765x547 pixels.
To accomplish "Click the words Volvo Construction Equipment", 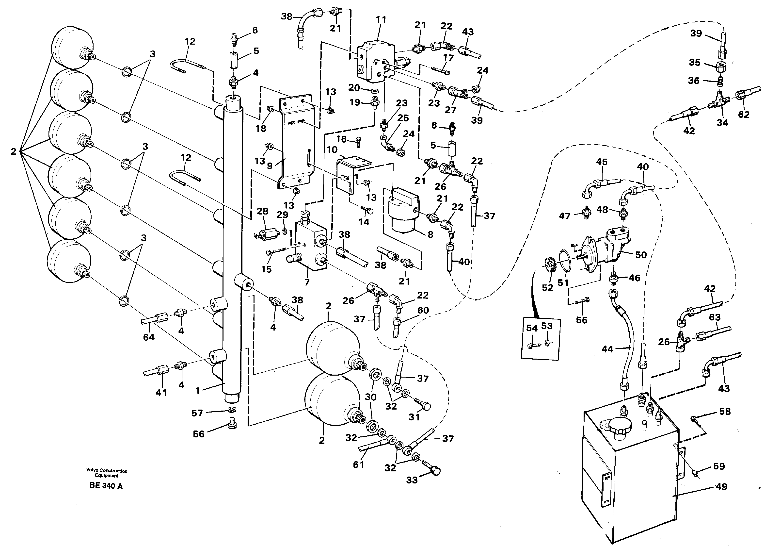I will pyautogui.click(x=107, y=473).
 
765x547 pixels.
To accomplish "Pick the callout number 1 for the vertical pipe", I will pyautogui.click(x=198, y=391).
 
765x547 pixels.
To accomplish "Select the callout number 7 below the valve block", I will pyautogui.click(x=307, y=282).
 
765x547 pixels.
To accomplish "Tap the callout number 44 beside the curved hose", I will pyautogui.click(x=607, y=349).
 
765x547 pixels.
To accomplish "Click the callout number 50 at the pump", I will pyautogui.click(x=641, y=255).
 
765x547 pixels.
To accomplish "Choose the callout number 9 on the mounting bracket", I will pyautogui.click(x=270, y=166).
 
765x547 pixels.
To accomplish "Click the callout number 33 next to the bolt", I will pyautogui.click(x=412, y=480).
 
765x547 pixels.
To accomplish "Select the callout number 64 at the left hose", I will pyautogui.click(x=148, y=337).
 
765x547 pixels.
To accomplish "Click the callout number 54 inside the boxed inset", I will pyautogui.click(x=532, y=328).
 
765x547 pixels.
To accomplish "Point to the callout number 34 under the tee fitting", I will pyautogui.click(x=722, y=123).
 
